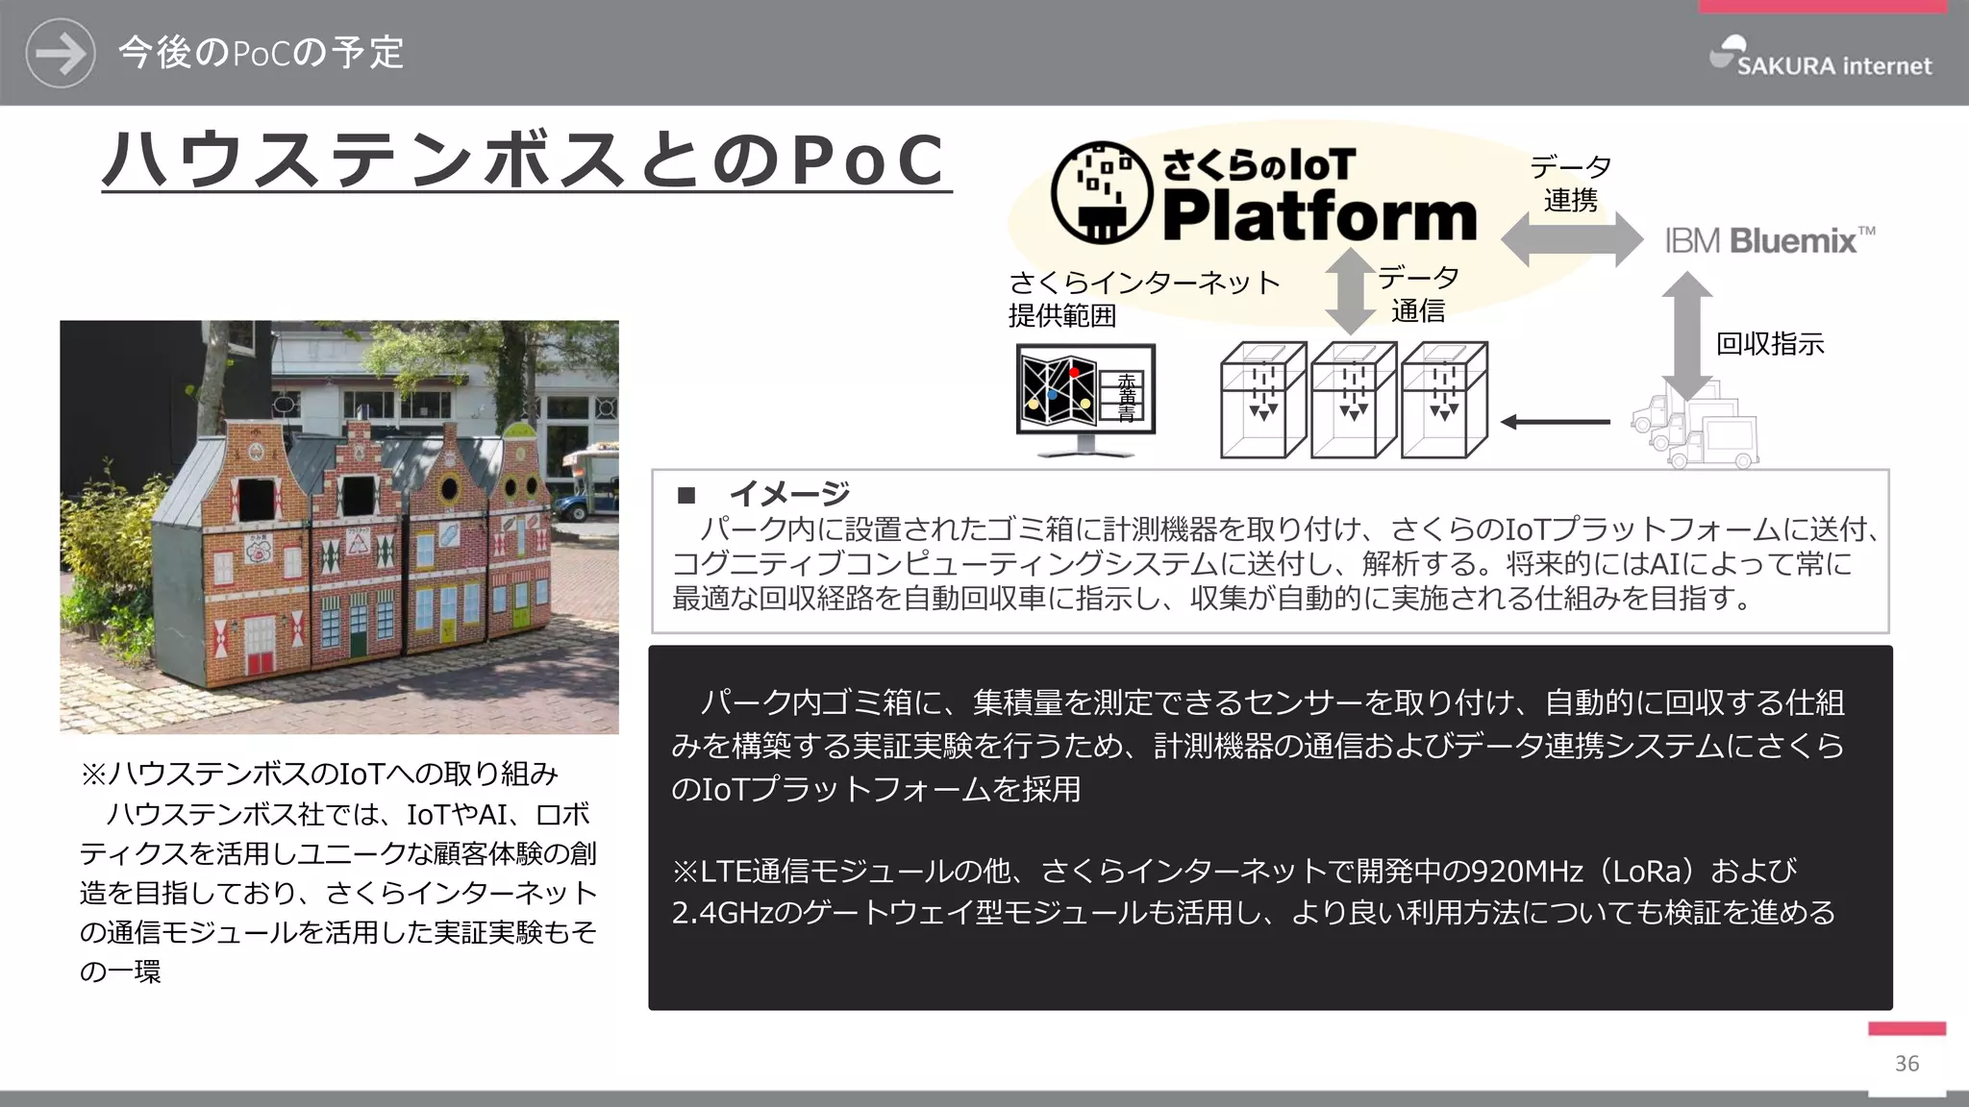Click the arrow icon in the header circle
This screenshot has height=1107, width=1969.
61,53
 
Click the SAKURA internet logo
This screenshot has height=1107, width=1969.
1821,57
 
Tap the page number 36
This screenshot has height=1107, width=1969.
1907,1064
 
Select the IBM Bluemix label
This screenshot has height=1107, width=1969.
1769,240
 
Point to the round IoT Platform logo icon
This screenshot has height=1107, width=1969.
1101,192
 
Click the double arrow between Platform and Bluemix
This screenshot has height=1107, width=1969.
1572,239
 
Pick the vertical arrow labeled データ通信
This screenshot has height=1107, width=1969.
1350,290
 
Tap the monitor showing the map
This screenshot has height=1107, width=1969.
1085,396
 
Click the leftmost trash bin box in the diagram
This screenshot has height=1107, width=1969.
1262,400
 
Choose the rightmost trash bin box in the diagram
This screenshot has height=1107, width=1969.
1444,400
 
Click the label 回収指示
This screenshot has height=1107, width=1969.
1770,344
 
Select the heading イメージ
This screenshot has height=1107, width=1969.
788,494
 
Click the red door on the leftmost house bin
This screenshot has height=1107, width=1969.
261,662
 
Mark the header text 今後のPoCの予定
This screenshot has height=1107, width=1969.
261,53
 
